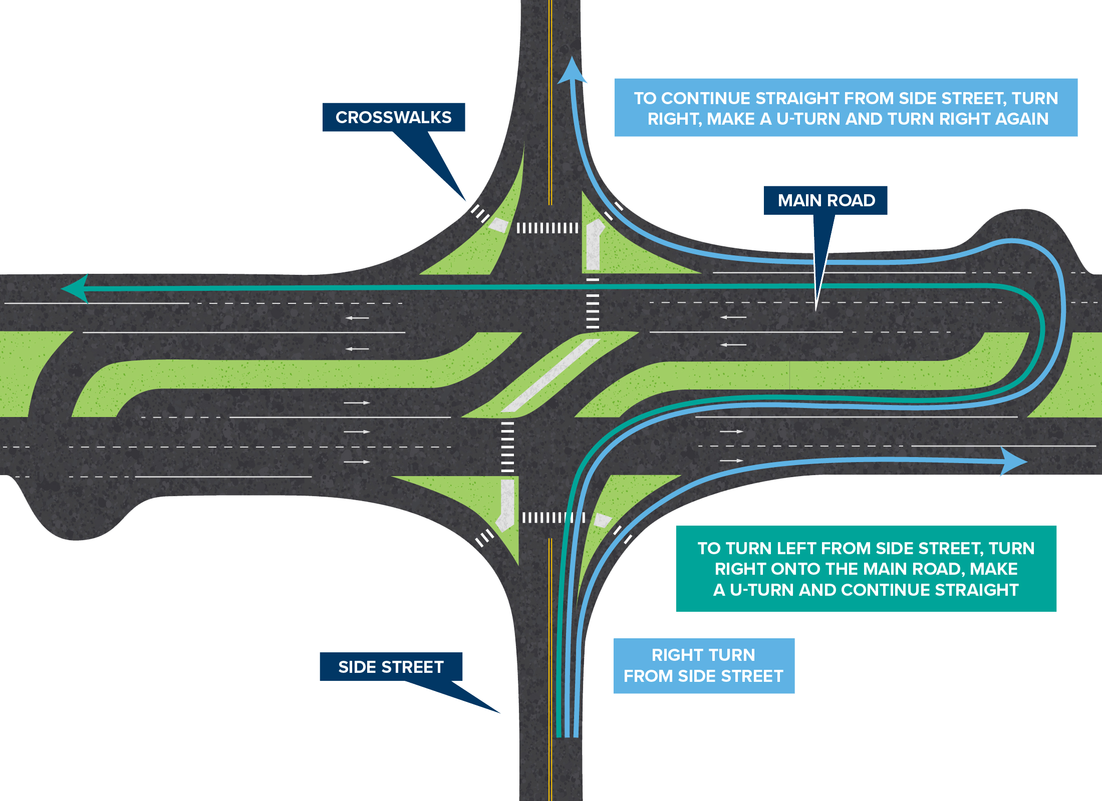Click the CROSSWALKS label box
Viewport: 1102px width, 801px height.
pyautogui.click(x=394, y=117)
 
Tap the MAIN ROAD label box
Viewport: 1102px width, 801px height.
pyautogui.click(x=825, y=200)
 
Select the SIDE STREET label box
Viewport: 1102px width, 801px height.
pyautogui.click(x=391, y=667)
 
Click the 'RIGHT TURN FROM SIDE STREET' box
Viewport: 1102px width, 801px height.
pyautogui.click(x=704, y=665)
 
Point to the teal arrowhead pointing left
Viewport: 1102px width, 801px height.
pyautogui.click(x=75, y=288)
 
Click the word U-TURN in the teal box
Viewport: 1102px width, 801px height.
pyautogui.click(x=762, y=590)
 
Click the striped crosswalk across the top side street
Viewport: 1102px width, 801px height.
pyautogui.click(x=547, y=228)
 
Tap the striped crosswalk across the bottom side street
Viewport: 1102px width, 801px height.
pyautogui.click(x=553, y=517)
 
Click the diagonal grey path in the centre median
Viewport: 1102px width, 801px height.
pyautogui.click(x=551, y=375)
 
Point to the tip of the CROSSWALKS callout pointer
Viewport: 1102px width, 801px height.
pyautogui.click(x=465, y=201)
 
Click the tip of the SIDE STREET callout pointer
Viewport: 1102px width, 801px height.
pyautogui.click(x=499, y=712)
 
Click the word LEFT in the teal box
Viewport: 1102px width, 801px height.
pyautogui.click(x=830, y=548)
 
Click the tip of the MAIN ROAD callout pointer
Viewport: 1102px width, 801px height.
pyautogui.click(x=816, y=310)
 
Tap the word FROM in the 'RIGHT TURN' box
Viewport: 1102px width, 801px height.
pyautogui.click(x=649, y=676)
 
